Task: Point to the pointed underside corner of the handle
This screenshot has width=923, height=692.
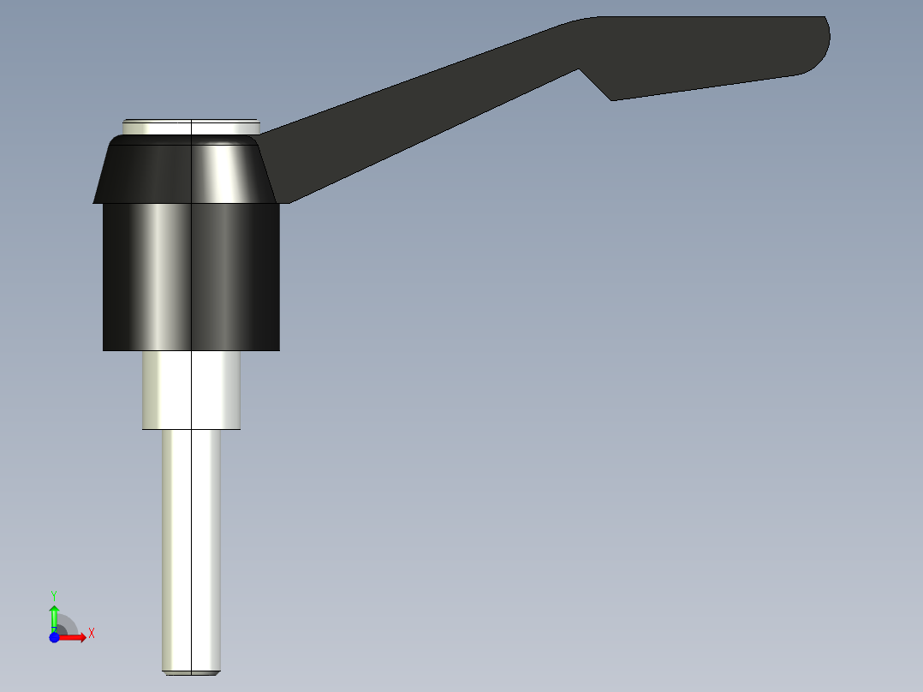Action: pyautogui.click(x=611, y=99)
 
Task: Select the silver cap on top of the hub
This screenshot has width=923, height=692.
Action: pyautogui.click(x=190, y=126)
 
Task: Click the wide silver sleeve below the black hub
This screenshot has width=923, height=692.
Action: pyautogui.click(x=191, y=390)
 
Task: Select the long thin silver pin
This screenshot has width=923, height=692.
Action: pyautogui.click(x=191, y=548)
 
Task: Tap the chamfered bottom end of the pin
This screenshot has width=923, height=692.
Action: pyautogui.click(x=191, y=671)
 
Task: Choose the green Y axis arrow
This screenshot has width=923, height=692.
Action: pyautogui.click(x=54, y=615)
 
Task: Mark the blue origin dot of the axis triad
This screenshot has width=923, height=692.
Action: pyautogui.click(x=54, y=637)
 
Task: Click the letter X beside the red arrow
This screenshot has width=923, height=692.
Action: pyautogui.click(x=91, y=634)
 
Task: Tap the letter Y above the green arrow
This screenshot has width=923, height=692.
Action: pyautogui.click(x=54, y=594)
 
